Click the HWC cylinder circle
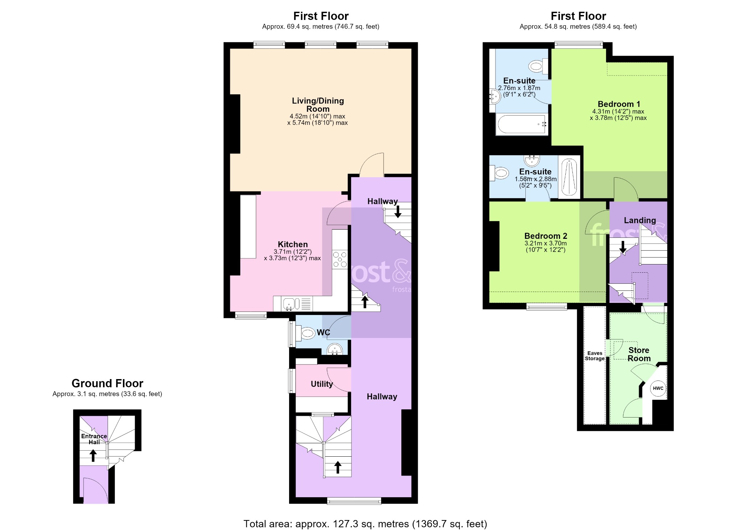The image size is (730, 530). coord(658,388)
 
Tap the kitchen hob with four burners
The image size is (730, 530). coord(340,259)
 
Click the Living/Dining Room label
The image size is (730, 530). coord(318,105)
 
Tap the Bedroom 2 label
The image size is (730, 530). coord(546,236)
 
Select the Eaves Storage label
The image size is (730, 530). coord(595,356)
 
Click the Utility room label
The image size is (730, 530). coord(322,384)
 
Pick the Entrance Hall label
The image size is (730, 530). coord(94,439)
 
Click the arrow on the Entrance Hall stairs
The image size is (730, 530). coord(93,456)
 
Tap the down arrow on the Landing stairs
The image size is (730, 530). coord(623,247)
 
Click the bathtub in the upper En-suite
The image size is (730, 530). coord(522,124)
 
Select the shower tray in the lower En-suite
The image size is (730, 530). coord(569,177)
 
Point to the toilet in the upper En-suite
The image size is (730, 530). coord(538,66)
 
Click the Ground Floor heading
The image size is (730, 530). coord(107,383)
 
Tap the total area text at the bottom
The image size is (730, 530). coord(365,524)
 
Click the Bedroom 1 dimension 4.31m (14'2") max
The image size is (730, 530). coord(618,111)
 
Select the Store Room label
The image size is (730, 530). coord(639,354)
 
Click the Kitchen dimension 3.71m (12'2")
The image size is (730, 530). coord(293,252)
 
